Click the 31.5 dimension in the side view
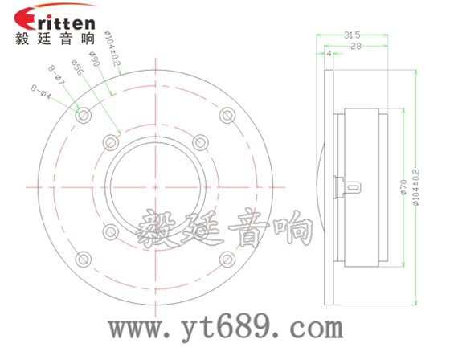pyautogui.click(x=351, y=35)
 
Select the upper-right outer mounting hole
pyautogui.click(x=228, y=116)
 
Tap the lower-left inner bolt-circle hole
pyautogui.click(x=111, y=233)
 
